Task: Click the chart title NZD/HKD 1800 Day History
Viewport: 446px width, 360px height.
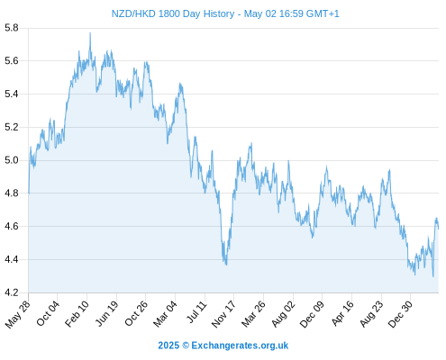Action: (173, 13)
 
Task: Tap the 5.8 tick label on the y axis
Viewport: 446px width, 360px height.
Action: (12, 28)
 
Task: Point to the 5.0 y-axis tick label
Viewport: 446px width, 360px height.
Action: (12, 160)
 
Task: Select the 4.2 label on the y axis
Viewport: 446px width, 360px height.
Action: (12, 292)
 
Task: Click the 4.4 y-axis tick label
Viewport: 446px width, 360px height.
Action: (12, 259)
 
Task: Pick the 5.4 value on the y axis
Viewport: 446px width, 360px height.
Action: (12, 94)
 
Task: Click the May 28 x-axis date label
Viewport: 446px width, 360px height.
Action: (18, 314)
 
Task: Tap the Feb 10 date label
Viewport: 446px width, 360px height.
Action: (77, 313)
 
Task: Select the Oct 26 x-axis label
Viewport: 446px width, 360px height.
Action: (136, 313)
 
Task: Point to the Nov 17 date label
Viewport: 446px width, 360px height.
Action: (223, 314)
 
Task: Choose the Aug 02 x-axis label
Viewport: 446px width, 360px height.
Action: (284, 314)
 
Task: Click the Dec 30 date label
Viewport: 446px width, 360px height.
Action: (400, 314)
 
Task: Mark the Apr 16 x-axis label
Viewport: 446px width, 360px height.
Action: (342, 313)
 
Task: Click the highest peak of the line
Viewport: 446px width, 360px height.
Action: (90, 32)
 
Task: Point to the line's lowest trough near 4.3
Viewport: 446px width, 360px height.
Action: (433, 276)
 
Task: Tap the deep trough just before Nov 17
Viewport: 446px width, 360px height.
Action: (226, 265)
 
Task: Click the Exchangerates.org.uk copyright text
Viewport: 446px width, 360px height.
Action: (240, 346)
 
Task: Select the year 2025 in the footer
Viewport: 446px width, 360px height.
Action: (168, 346)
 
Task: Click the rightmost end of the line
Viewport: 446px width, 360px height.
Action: (439, 229)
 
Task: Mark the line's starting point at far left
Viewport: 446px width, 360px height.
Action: (29, 193)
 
